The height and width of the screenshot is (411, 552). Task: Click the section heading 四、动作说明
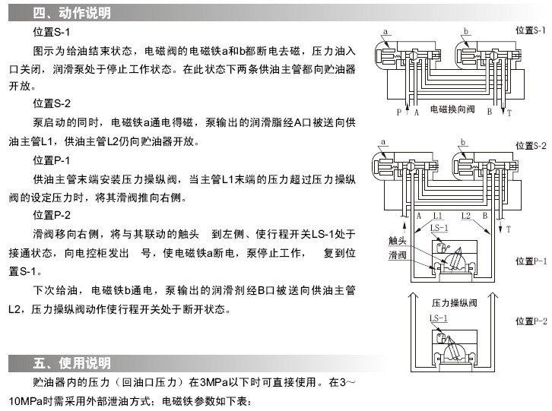point(72,14)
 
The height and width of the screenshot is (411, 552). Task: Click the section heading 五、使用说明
point(72,362)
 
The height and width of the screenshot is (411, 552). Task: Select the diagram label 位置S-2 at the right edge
point(531,145)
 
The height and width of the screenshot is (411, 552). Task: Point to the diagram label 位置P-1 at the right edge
point(531,261)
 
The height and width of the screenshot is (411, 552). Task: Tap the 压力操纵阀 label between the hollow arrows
point(453,302)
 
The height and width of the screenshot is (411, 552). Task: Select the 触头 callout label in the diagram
point(398,241)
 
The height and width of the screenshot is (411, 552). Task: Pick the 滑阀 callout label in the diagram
point(398,255)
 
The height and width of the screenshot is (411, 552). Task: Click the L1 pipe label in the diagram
point(437,215)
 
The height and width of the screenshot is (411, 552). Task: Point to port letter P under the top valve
point(398,112)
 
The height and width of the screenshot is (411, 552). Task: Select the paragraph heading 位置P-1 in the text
point(51,161)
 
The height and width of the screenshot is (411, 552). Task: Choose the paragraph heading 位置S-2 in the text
point(51,103)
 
